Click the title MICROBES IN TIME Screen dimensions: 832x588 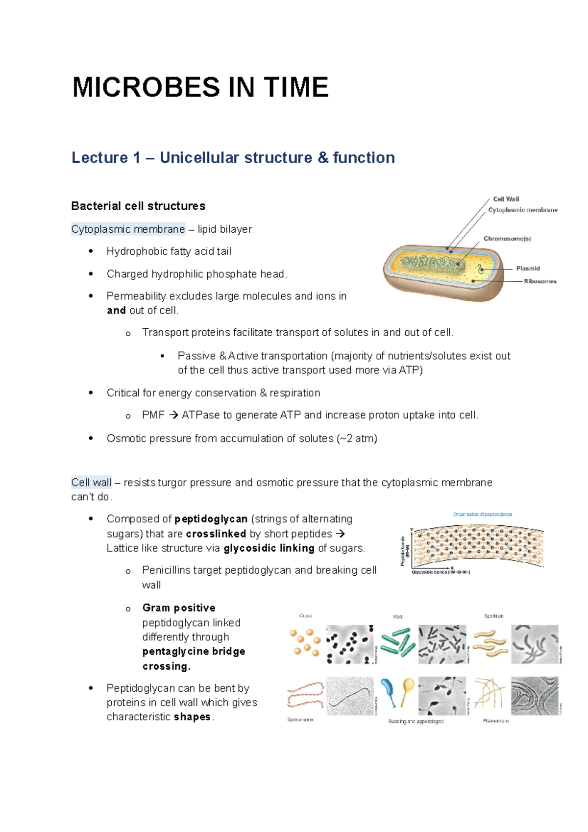pyautogui.click(x=200, y=88)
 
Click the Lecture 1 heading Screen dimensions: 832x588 pyautogui.click(x=233, y=158)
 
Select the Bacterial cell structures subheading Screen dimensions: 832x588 pyautogui.click(x=138, y=206)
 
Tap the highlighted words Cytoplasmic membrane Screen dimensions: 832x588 pyautogui.click(x=128, y=229)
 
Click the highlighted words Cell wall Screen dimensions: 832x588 pyautogui.click(x=92, y=483)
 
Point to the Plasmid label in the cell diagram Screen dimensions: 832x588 pyautogui.click(x=528, y=269)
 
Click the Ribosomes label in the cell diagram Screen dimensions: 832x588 pyautogui.click(x=540, y=281)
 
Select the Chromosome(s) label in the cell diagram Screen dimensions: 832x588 pyautogui.click(x=507, y=239)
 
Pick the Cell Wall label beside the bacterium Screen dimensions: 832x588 pyautogui.click(x=506, y=199)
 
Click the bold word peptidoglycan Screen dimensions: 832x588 pyautogui.click(x=211, y=519)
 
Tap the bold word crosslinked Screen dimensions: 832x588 pyautogui.click(x=216, y=534)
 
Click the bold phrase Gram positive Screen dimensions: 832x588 pyautogui.click(x=179, y=608)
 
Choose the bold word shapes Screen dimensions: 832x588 pyautogui.click(x=192, y=717)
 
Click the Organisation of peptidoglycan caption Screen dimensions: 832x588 pyautogui.click(x=482, y=514)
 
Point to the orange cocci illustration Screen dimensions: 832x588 pyautogui.click(x=305, y=643)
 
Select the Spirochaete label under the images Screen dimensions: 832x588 pyautogui.click(x=300, y=720)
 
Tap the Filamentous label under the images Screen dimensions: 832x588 pyautogui.click(x=495, y=721)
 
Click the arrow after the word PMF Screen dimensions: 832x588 pyautogui.click(x=173, y=416)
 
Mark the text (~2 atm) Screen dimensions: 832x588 pyautogui.click(x=357, y=439)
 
